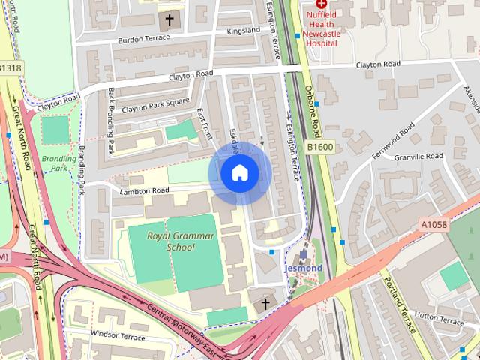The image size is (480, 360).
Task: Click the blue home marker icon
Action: [239, 173]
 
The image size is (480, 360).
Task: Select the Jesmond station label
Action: [303, 268]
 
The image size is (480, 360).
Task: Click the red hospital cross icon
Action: [321, 4]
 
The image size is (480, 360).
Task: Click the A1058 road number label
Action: [433, 223]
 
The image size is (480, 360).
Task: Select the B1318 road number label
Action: [10, 68]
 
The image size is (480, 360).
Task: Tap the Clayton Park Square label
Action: [155, 107]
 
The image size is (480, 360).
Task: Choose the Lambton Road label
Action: [145, 191]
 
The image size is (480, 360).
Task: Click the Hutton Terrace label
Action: [439, 319]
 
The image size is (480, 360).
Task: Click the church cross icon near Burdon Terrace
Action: [169, 19]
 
